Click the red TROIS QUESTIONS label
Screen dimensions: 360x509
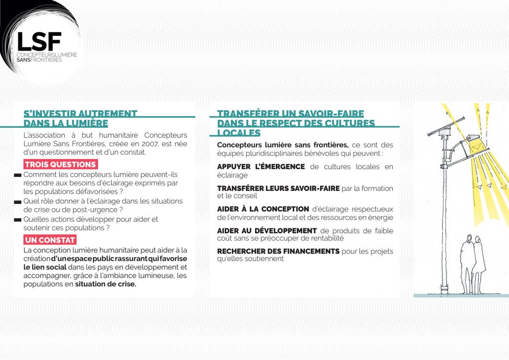tap(60, 165)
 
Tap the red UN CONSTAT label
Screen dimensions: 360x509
tap(50, 240)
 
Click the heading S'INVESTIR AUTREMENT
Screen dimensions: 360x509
tap(81, 113)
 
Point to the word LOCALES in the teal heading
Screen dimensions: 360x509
tap(239, 133)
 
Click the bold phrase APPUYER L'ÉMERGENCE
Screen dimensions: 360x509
tap(261, 167)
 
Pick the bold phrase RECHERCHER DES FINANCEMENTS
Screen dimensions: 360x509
tap(278, 252)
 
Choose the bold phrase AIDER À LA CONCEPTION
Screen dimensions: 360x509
tap(263, 209)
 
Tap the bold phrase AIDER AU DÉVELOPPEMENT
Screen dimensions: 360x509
tap(267, 230)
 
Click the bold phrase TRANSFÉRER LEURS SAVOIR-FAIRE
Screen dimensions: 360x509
tap(278, 188)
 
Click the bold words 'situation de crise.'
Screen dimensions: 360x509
tap(105, 284)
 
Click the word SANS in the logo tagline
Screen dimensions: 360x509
tap(24, 60)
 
